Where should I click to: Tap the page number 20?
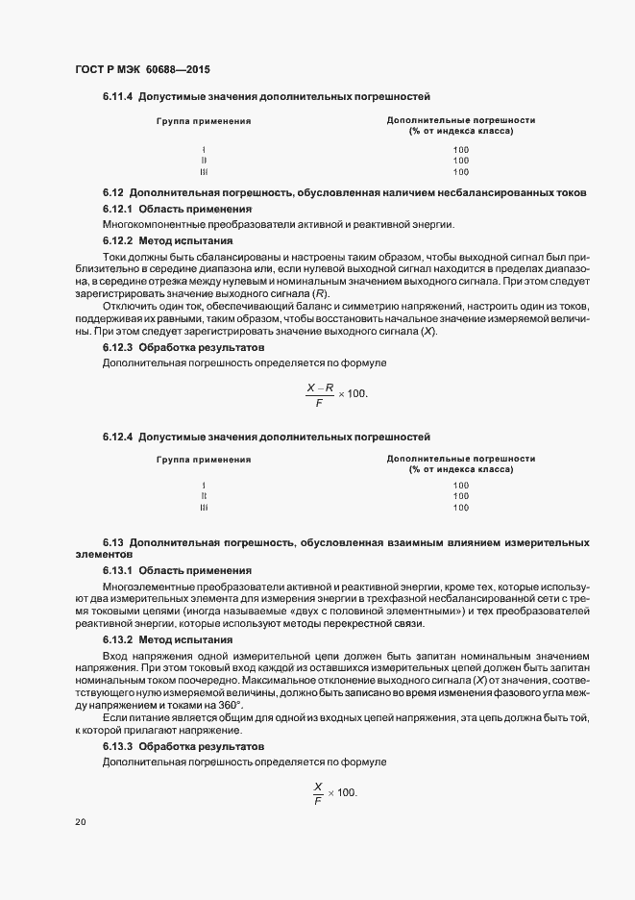[x=81, y=822]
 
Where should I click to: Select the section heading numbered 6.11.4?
[x=266, y=97]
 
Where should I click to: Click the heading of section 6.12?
[x=345, y=192]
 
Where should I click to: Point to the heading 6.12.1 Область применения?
[x=177, y=209]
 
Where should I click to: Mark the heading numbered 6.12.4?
[x=266, y=436]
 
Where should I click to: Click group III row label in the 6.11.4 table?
[x=204, y=172]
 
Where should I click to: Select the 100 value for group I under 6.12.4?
[x=461, y=485]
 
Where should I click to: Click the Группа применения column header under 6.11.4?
[x=204, y=121]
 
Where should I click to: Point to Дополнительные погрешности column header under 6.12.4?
[x=461, y=460]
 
